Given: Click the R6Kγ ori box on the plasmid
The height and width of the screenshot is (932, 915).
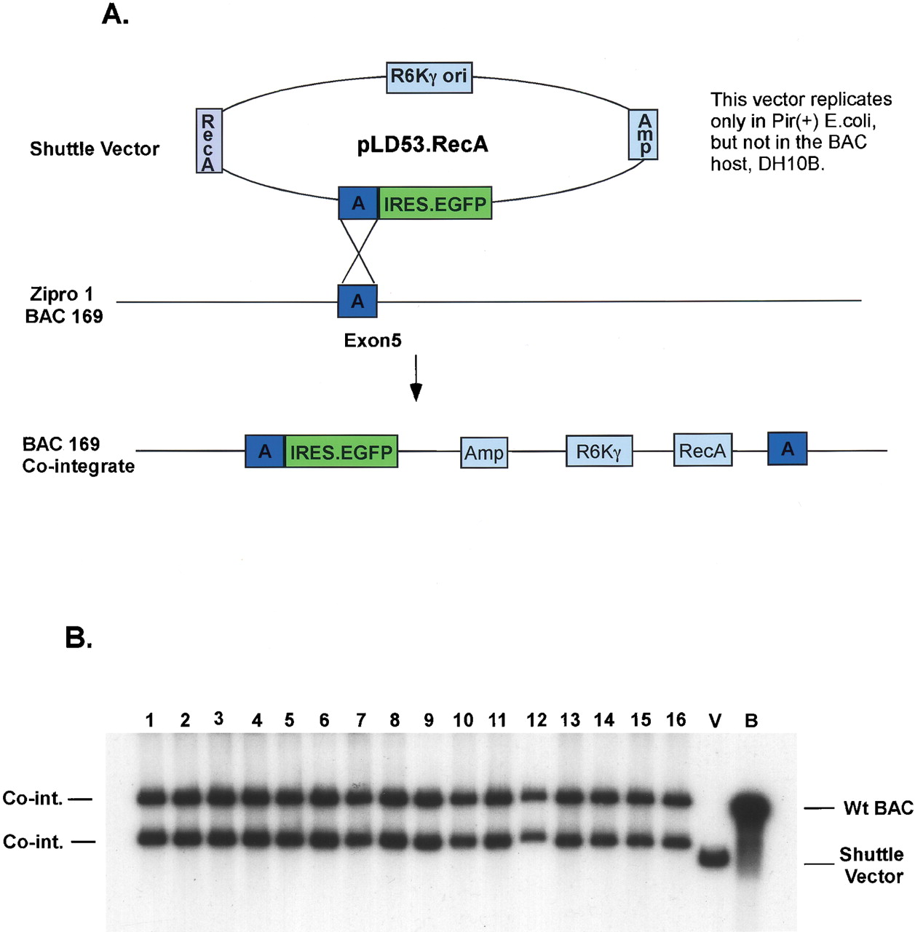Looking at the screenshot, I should [x=429, y=77].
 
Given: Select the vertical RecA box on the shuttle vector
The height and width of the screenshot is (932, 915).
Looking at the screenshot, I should [x=209, y=141].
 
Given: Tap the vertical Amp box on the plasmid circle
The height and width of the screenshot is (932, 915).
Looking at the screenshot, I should [x=643, y=135].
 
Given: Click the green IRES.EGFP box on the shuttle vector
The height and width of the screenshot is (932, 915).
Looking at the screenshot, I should [x=435, y=204].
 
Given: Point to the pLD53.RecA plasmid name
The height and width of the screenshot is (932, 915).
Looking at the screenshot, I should [x=422, y=145].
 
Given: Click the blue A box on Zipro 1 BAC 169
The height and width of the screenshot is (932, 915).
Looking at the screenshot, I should [x=357, y=301].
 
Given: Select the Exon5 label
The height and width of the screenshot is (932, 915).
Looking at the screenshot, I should [x=372, y=341].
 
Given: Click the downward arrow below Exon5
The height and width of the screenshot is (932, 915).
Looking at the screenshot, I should [x=416, y=379].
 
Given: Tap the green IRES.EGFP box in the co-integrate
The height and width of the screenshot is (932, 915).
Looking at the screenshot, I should [x=341, y=452].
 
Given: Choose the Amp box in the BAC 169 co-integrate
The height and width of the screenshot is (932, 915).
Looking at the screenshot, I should [x=484, y=453].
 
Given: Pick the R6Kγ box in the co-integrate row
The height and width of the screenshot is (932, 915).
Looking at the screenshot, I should [x=598, y=451].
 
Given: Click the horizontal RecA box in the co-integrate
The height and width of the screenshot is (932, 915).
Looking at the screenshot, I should [x=702, y=451].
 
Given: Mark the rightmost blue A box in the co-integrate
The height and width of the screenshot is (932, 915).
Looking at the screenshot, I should [x=787, y=449].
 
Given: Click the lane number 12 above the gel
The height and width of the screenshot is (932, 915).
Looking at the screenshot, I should [x=536, y=721].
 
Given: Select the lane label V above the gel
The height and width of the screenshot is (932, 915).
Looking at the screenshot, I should [x=715, y=722].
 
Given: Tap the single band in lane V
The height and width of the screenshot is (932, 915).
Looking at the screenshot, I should [x=714, y=857].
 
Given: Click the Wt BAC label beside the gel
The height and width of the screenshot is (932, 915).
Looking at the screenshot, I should [x=878, y=808].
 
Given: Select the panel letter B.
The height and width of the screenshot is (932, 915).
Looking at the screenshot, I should [x=78, y=638].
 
